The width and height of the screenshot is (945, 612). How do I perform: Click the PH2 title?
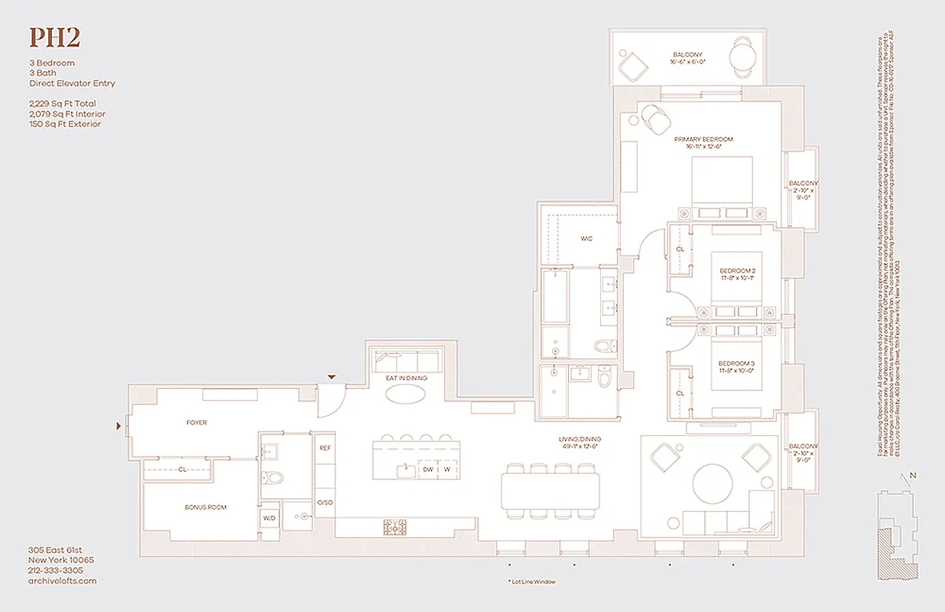[x=54, y=37]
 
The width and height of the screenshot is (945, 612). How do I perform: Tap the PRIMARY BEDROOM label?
[x=703, y=139]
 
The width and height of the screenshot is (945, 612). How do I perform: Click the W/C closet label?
[x=586, y=239]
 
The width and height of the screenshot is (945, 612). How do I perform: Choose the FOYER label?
[x=196, y=422]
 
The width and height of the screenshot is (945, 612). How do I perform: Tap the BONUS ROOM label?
[x=206, y=507]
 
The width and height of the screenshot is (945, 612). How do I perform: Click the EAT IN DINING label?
[x=406, y=379]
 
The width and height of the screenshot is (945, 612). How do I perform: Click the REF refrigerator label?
[x=324, y=448]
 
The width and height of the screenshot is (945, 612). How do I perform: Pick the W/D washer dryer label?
[x=269, y=518]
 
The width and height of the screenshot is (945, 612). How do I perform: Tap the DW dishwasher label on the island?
[x=428, y=469]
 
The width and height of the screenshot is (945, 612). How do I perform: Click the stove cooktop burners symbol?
[x=395, y=526]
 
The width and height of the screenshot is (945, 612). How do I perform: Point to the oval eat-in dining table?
[x=406, y=394]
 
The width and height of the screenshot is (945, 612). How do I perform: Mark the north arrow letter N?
[x=913, y=476]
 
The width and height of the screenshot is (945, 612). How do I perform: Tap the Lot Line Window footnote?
[x=531, y=582]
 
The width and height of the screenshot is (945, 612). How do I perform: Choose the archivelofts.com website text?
[x=63, y=581]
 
